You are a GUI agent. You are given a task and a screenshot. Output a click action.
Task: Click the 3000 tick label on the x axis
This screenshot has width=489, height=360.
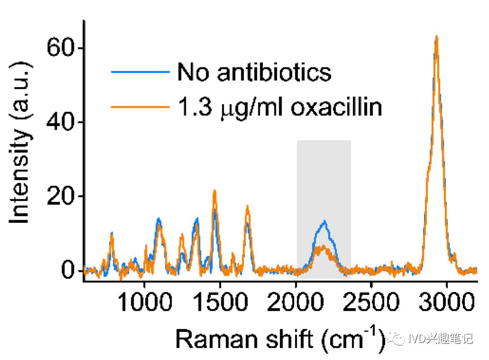click(x=447, y=302)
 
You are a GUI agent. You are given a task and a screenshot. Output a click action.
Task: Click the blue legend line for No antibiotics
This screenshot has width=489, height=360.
click(x=140, y=72)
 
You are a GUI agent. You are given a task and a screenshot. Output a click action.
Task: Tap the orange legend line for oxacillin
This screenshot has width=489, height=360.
click(x=140, y=107)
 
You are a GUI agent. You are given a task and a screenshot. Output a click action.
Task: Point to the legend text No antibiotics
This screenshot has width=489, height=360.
click(x=254, y=72)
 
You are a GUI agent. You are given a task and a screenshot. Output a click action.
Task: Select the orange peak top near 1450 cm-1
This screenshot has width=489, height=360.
click(x=215, y=191)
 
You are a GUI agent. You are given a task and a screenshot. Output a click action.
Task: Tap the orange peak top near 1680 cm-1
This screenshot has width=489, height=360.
click(x=247, y=206)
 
